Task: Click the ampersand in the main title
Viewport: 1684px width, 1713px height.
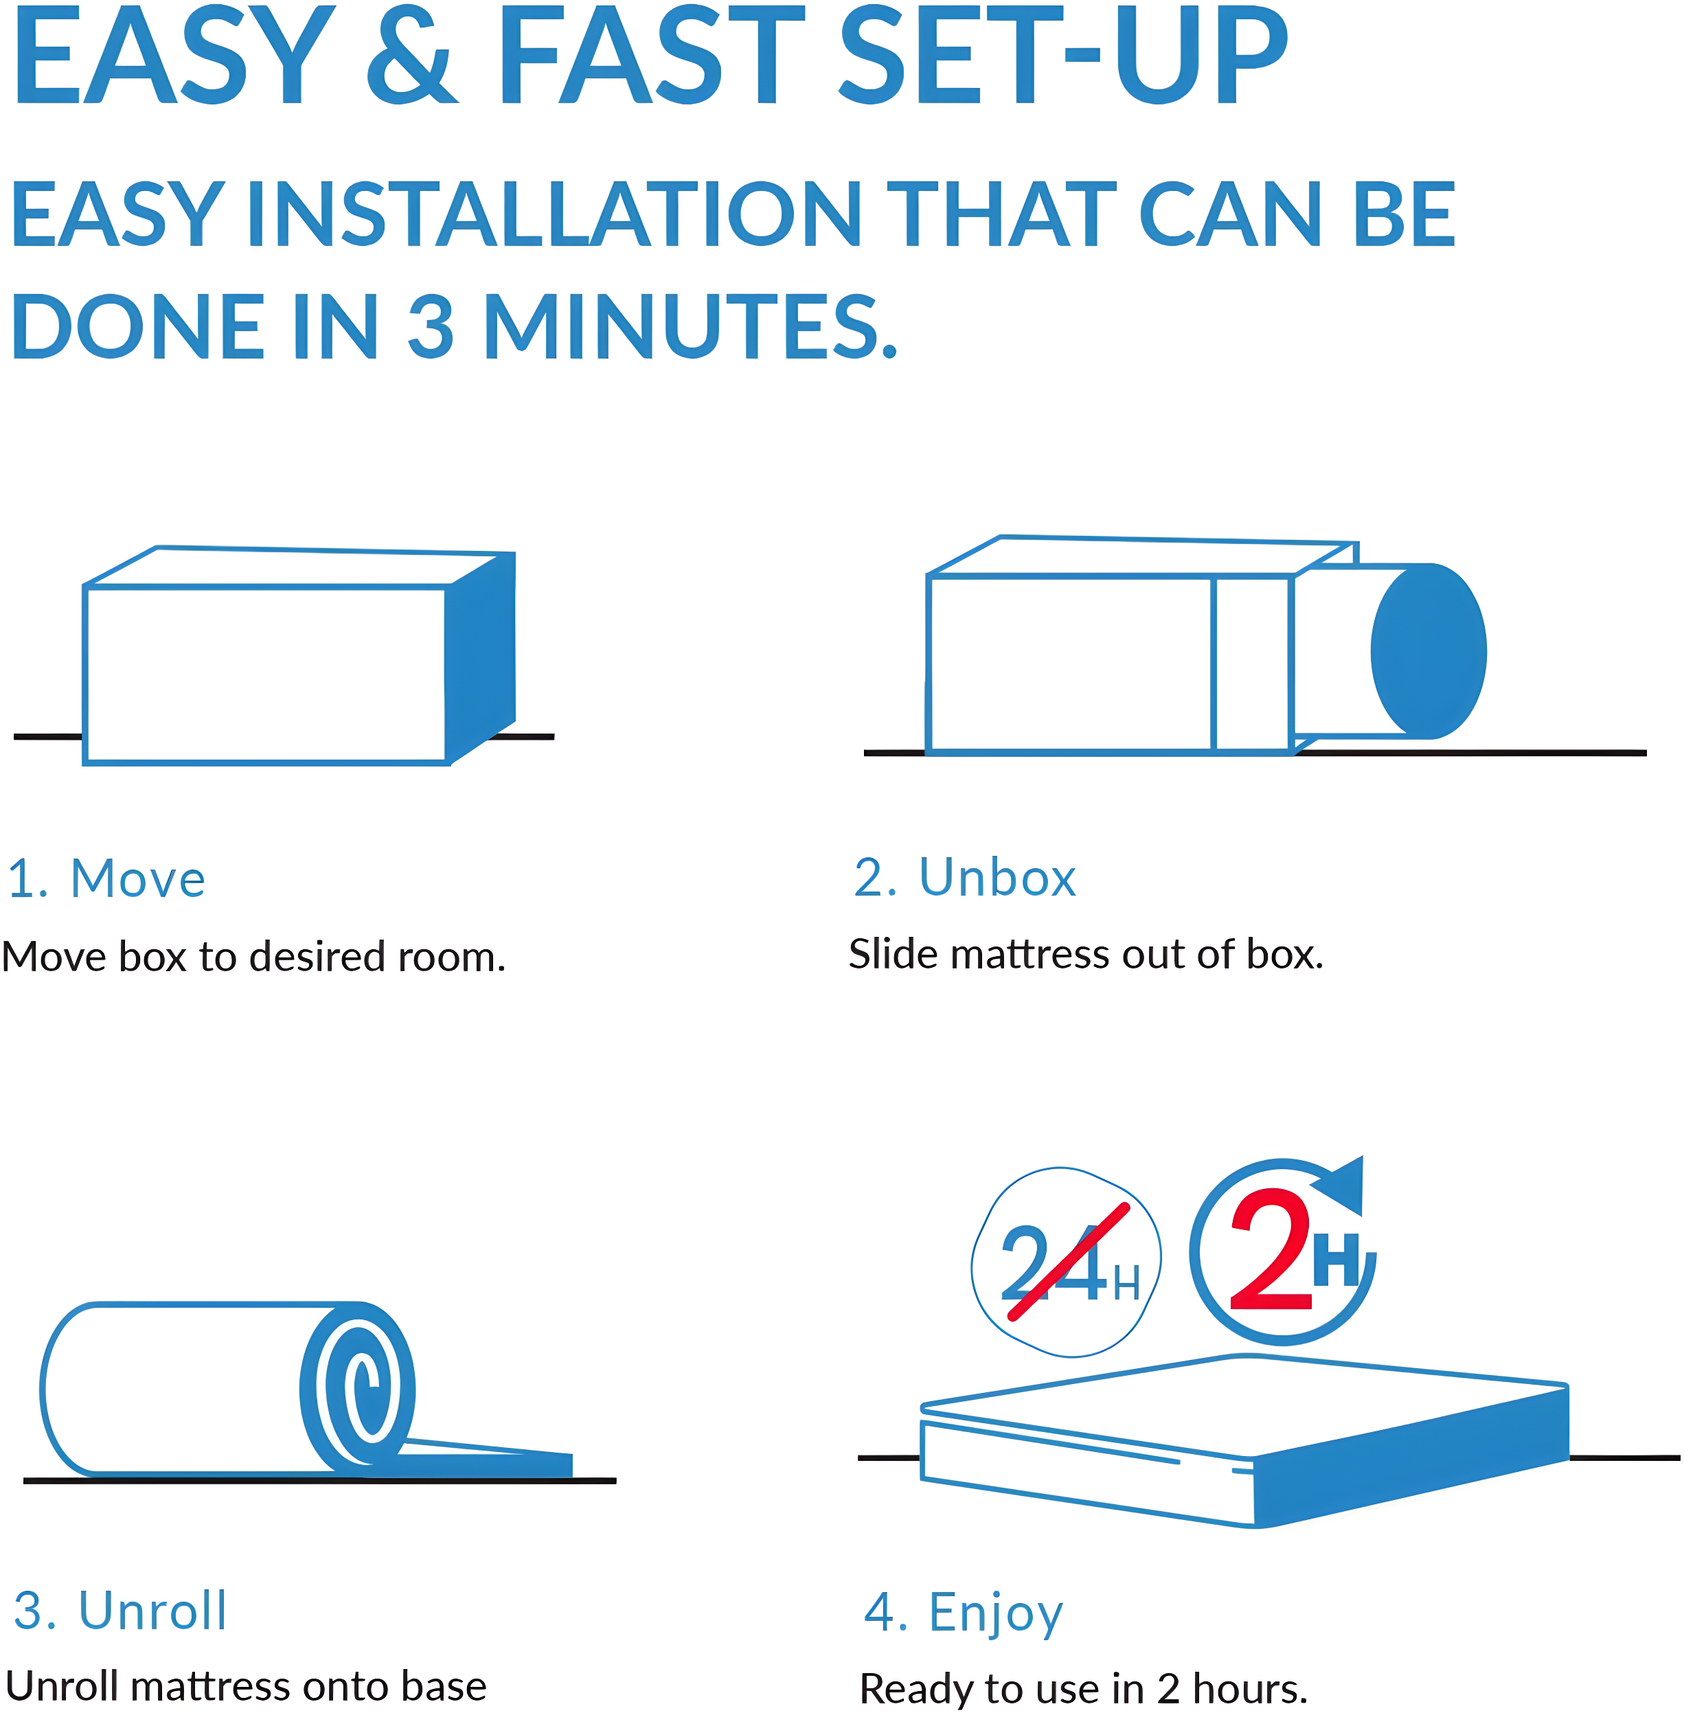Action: tap(411, 55)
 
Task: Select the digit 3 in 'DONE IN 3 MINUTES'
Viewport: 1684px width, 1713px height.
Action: tap(431, 326)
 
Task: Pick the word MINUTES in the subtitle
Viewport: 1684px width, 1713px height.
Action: tap(690, 326)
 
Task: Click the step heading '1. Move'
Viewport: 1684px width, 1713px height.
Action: tap(106, 879)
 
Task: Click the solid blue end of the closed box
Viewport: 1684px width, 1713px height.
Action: tap(480, 656)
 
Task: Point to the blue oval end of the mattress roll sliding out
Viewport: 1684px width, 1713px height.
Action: tap(1429, 652)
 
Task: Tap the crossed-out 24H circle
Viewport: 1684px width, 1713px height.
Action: tap(1066, 1262)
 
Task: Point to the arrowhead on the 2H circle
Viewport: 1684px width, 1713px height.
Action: tap(1343, 1184)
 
